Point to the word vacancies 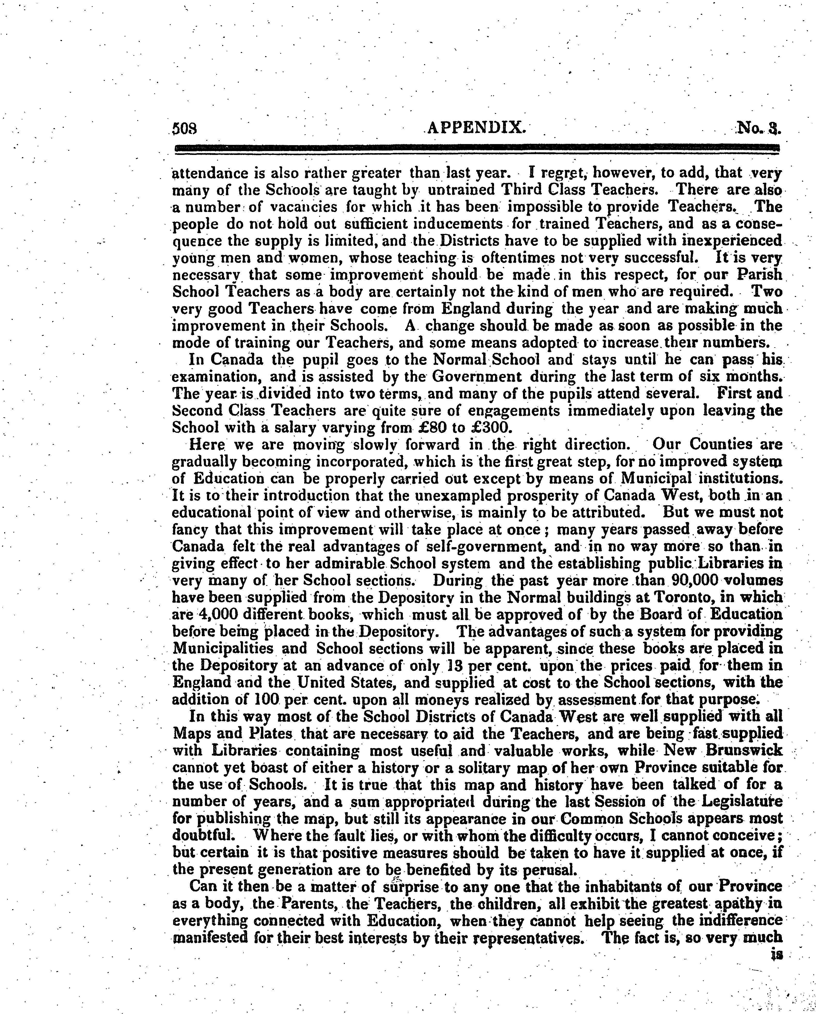[x=305, y=207]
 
